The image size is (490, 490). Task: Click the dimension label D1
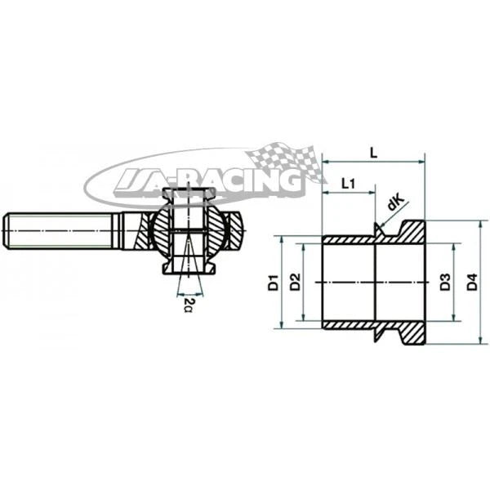(274, 283)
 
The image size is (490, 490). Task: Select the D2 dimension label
(295, 283)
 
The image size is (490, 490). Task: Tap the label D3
(445, 283)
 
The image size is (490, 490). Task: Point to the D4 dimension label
(472, 283)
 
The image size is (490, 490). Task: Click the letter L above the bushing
(374, 153)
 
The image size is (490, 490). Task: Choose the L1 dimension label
(348, 184)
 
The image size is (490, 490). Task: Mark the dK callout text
(395, 203)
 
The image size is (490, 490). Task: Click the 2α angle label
(189, 305)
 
